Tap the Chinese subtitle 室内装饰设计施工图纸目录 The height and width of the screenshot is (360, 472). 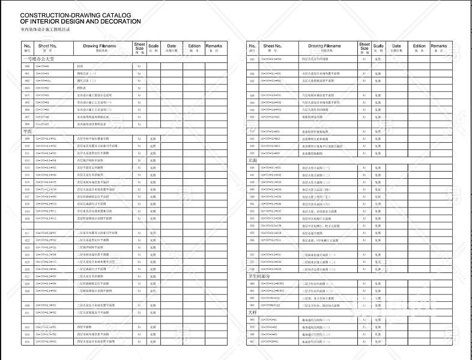[45, 29]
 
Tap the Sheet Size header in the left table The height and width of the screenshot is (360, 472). [139, 47]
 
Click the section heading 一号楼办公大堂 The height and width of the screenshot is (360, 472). [39, 59]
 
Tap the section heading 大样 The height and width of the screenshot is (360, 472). [252, 313]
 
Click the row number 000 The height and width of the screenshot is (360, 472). [28, 66]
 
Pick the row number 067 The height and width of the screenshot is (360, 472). [253, 341]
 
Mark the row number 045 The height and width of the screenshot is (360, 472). [253, 153]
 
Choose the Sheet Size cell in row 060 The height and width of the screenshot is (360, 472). [364, 283]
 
